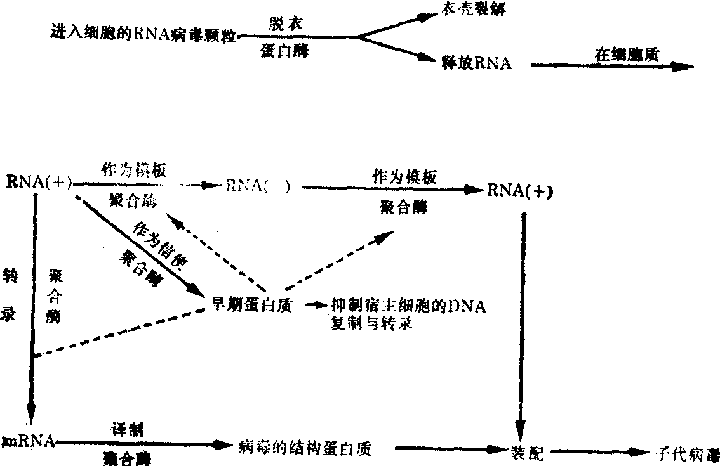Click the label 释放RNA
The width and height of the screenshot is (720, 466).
(x=477, y=63)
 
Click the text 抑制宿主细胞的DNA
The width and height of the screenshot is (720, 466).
(x=408, y=307)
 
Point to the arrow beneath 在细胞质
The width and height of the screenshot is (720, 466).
(x=610, y=66)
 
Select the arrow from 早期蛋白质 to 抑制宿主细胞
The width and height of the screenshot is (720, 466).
(x=314, y=305)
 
